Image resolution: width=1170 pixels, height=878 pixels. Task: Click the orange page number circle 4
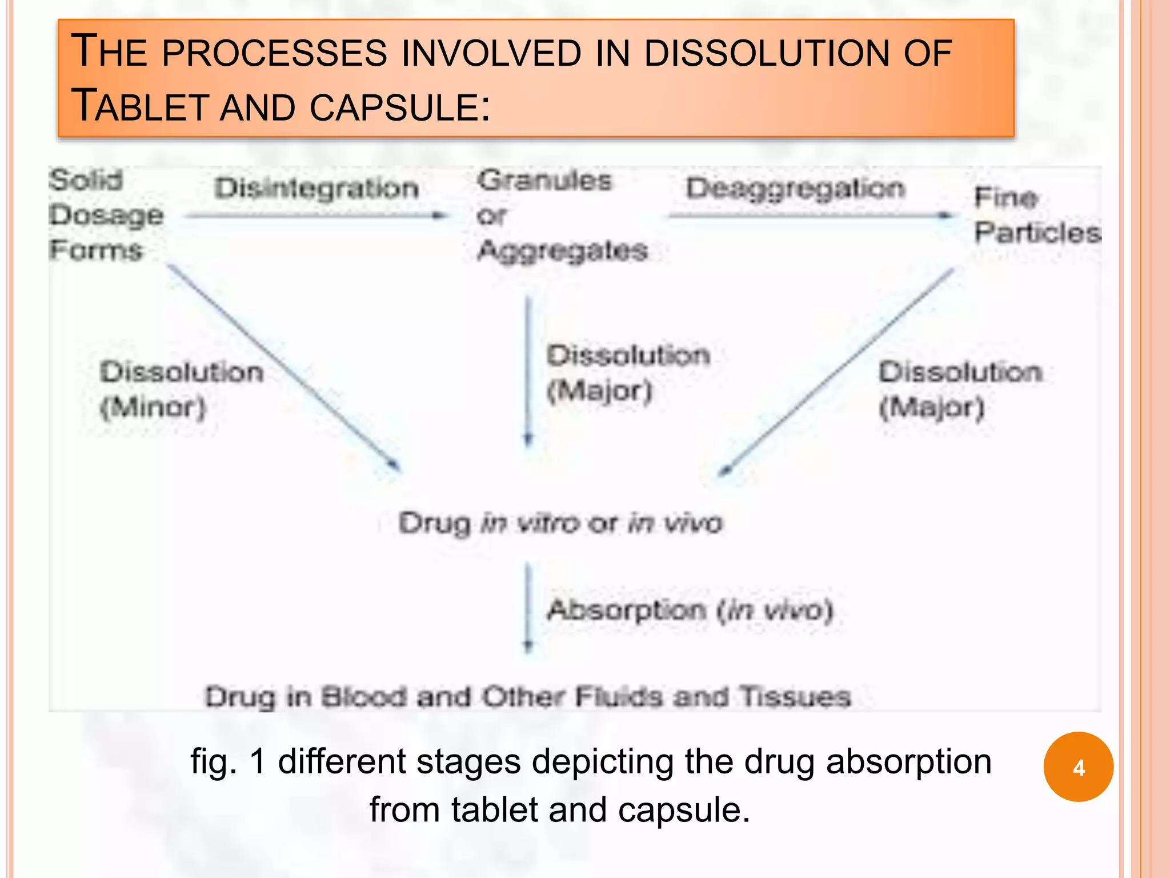click(1078, 767)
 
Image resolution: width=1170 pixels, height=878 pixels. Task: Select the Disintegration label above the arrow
click(316, 189)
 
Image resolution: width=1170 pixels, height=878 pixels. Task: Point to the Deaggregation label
click(796, 189)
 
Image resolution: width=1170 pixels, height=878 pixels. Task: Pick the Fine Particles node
click(1036, 215)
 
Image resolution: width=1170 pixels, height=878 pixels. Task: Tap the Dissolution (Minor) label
click(181, 389)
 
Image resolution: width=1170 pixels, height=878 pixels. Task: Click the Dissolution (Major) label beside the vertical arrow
click(627, 373)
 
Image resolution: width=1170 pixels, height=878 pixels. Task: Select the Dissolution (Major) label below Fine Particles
click(960, 389)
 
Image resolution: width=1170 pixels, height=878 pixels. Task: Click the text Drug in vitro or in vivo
click(560, 523)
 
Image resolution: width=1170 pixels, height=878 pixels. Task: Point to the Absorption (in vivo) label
click(690, 610)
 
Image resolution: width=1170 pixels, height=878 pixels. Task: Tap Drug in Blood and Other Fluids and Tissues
click(528, 697)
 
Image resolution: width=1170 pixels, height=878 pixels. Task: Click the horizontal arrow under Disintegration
click(316, 216)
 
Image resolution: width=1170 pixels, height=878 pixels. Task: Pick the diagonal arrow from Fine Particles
click(836, 372)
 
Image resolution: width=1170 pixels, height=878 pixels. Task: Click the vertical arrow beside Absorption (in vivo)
click(528, 608)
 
